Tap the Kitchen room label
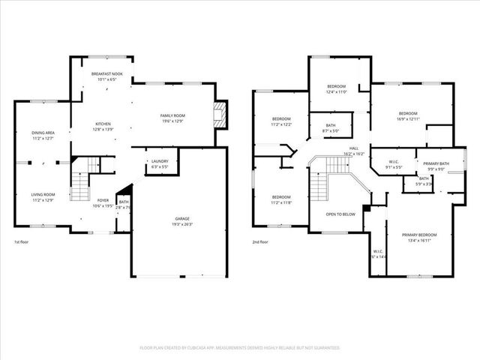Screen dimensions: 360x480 pos(103,124)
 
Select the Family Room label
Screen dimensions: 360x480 pos(172,115)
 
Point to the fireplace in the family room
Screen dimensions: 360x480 pos(218,115)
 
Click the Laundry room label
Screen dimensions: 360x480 pos(159,160)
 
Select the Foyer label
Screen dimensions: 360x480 pos(103,200)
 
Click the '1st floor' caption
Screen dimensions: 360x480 pos(22,242)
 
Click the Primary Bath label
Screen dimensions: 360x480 pos(436,163)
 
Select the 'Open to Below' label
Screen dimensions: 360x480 pos(340,214)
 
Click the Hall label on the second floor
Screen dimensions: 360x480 pos(354,148)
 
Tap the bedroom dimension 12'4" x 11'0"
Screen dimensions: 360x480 pos(336,91)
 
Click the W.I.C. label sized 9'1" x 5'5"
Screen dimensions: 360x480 pos(394,166)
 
